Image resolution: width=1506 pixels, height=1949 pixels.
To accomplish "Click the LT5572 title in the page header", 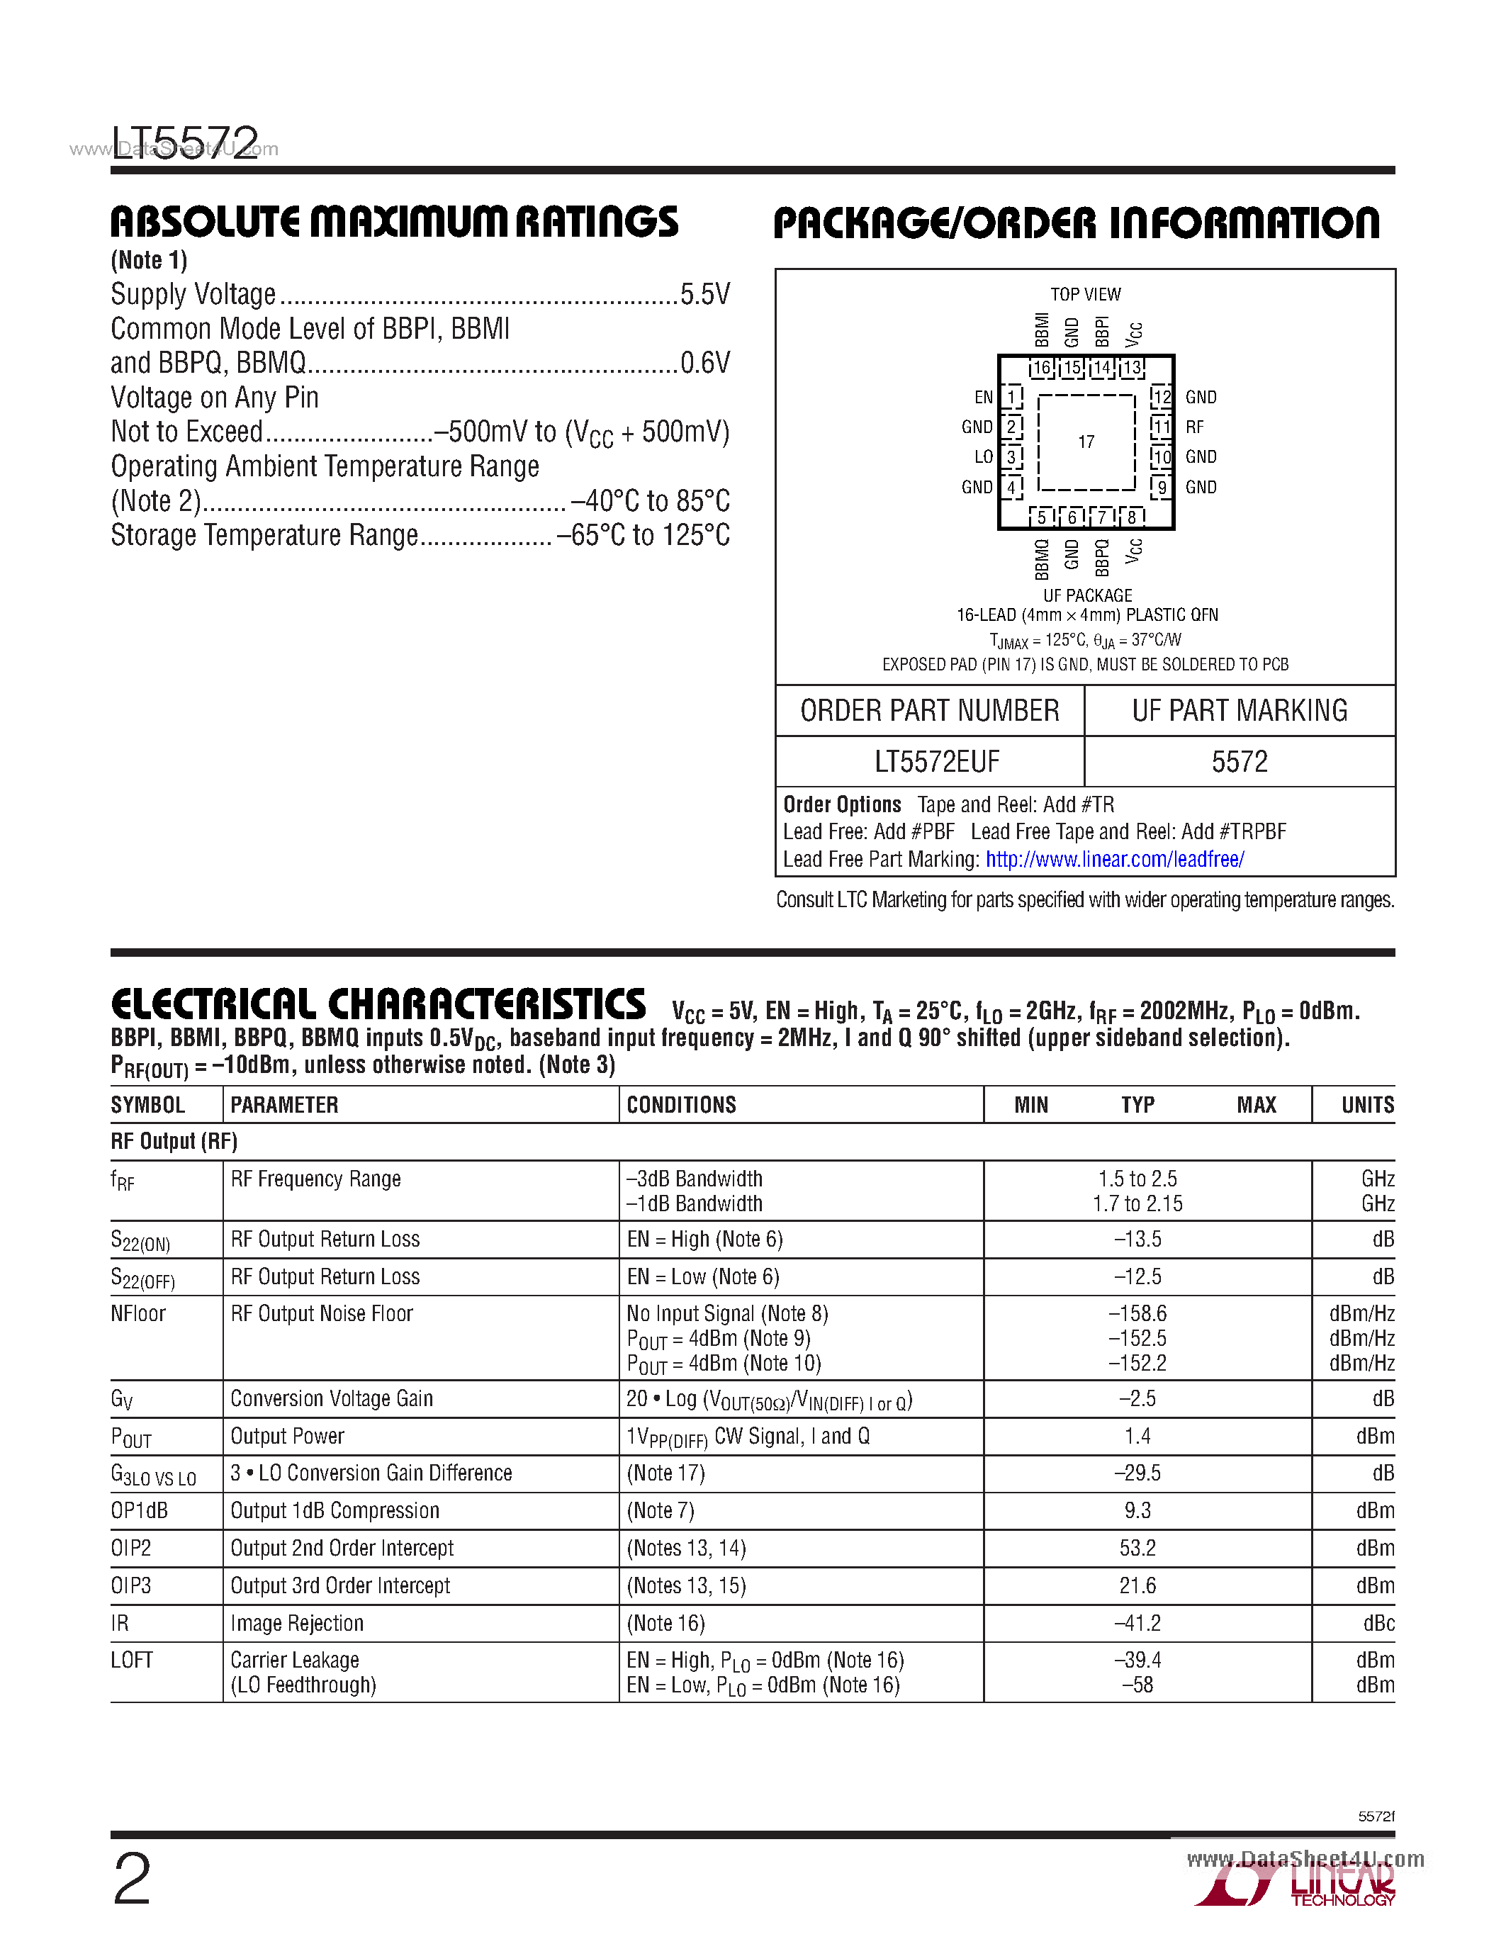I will [x=185, y=141].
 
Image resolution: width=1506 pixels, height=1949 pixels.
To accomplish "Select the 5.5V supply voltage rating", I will [x=705, y=295].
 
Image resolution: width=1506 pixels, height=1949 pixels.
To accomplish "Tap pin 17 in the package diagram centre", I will [x=1086, y=442].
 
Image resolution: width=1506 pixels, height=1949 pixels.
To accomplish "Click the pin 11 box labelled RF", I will [x=1161, y=427].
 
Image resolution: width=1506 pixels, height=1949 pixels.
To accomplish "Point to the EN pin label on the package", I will [x=983, y=397].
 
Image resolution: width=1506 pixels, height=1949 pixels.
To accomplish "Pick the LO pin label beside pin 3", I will [x=983, y=457].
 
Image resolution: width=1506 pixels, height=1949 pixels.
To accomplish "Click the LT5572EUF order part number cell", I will [x=937, y=761].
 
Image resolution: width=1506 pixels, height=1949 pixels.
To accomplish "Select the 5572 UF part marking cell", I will [x=1240, y=761].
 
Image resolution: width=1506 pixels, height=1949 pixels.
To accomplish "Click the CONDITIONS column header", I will [x=682, y=1105].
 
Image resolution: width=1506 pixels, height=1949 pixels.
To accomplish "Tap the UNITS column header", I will [x=1367, y=1105].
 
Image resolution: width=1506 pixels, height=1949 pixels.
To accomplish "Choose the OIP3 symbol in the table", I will [x=131, y=1586].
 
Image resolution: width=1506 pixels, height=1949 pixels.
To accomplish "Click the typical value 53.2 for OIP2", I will [x=1137, y=1549].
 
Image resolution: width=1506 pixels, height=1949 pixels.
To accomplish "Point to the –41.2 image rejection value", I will [x=1137, y=1623].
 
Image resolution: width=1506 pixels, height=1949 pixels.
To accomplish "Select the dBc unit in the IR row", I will [x=1378, y=1623].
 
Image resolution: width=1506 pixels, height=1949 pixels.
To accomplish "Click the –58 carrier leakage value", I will [x=1137, y=1685].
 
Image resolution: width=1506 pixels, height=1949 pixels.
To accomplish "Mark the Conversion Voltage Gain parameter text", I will [x=332, y=1398].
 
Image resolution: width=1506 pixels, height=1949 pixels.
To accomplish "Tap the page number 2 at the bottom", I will [x=132, y=1879].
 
